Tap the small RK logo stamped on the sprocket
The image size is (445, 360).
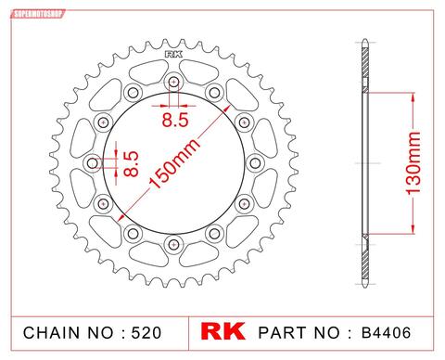173,55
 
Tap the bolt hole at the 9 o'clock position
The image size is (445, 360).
93,164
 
